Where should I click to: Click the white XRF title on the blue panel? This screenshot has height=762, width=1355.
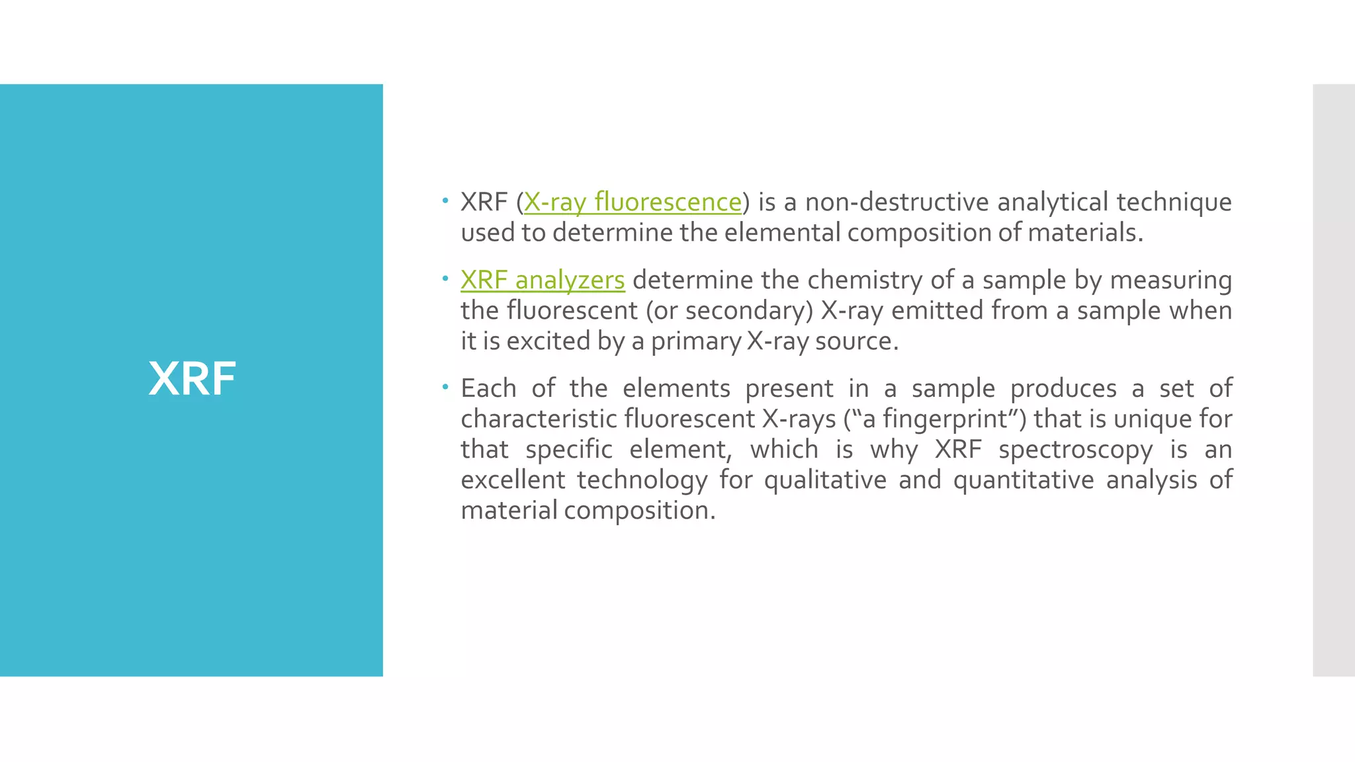192,379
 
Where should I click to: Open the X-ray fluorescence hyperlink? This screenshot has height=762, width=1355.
633,202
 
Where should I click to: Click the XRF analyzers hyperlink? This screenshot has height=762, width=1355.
543,280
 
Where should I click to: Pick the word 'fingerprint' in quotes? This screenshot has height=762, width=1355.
945,419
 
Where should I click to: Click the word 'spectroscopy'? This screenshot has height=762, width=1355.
1075,450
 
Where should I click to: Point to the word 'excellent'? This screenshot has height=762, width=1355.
513,480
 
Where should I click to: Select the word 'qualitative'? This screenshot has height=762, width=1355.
825,480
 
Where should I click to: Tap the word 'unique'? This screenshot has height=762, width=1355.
1154,419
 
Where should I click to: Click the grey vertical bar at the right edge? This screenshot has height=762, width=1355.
1333,380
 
